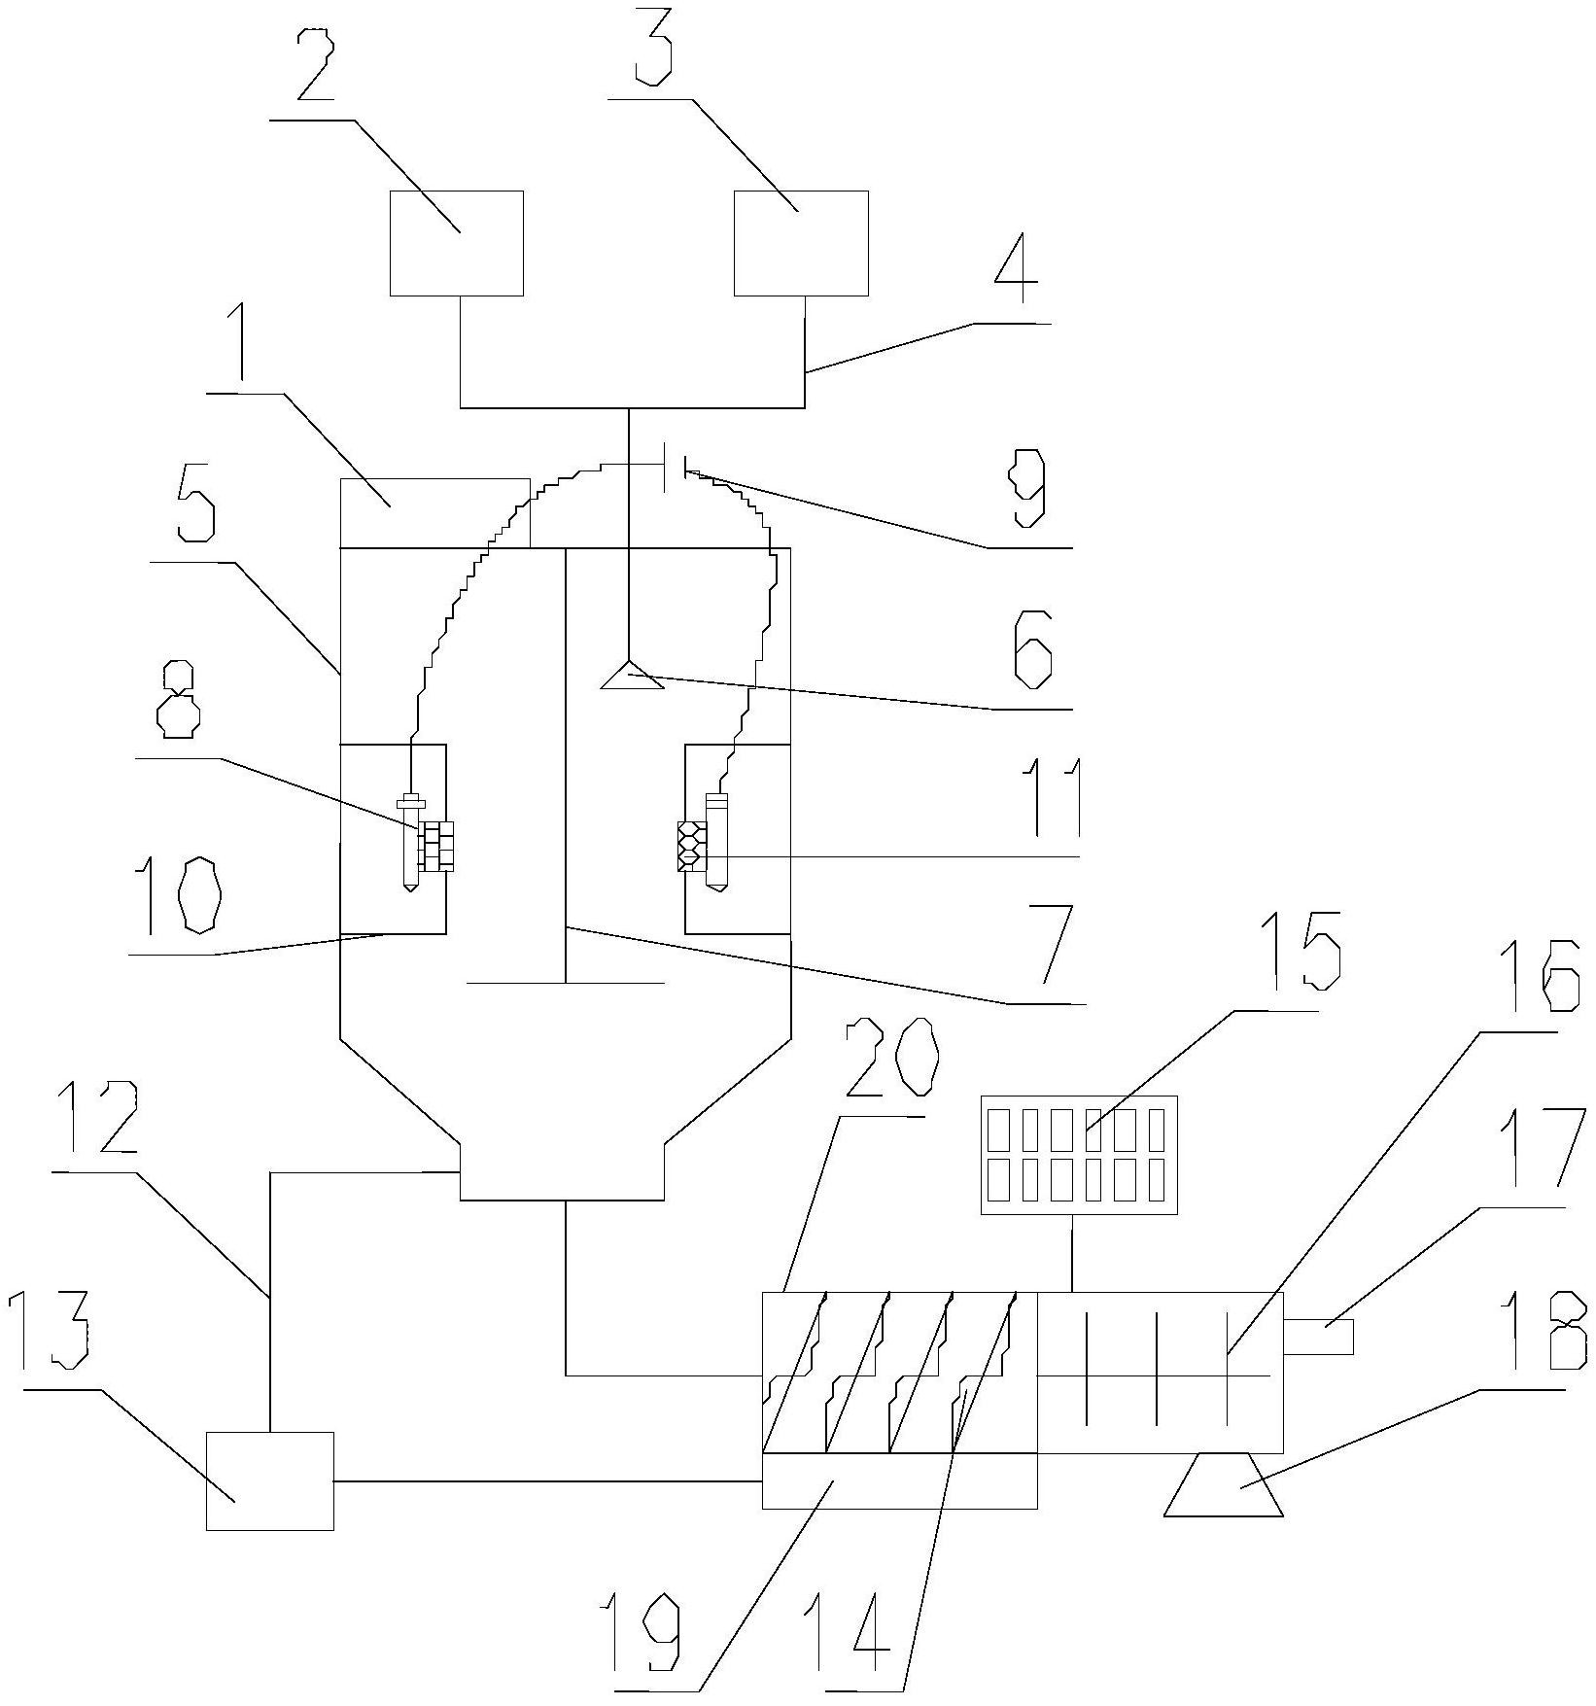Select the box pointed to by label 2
point(457,243)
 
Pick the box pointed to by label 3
point(801,243)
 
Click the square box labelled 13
point(269,1480)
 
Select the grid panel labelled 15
point(1080,1155)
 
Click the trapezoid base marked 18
point(1224,1484)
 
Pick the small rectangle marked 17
point(1318,1337)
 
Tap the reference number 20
point(891,1060)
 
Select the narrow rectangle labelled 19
point(899,1480)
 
